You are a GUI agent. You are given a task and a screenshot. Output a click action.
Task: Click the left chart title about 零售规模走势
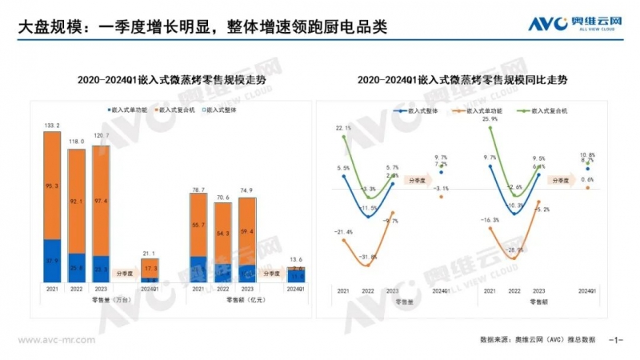[163, 80]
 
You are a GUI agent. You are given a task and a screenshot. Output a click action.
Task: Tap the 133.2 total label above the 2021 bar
[52, 125]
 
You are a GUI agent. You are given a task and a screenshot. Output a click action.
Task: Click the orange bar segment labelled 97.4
[101, 200]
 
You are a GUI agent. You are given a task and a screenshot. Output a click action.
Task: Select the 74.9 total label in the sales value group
[248, 190]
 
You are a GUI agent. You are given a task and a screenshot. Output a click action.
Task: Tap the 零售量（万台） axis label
[101, 300]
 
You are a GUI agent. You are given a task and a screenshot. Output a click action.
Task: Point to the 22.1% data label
[343, 128]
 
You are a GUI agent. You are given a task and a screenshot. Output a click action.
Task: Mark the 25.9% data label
[490, 119]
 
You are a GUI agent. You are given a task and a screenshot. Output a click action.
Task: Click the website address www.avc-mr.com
[51, 340]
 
